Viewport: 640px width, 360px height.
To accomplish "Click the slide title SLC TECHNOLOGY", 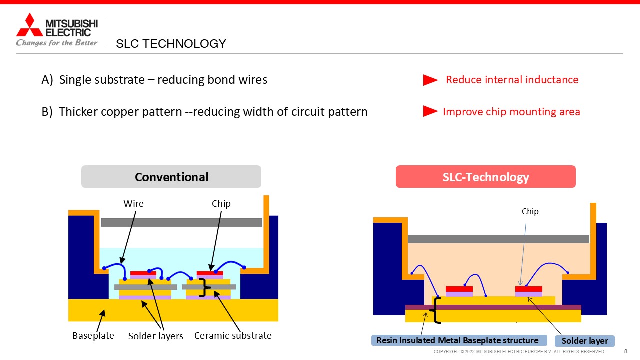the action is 171,44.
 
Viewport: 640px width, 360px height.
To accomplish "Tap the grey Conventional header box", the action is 171,177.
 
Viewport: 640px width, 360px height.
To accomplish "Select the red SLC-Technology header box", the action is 485,177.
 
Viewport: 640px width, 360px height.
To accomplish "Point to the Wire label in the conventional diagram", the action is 133,203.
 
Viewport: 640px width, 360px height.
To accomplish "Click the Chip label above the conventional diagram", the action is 221,204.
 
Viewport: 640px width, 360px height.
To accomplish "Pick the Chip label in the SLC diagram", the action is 530,211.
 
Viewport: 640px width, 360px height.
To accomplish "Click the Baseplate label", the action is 93,335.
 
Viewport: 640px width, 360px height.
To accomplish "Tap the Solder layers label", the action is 155,336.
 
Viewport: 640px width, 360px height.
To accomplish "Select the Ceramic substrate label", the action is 233,335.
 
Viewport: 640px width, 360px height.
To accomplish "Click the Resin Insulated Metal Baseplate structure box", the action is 459,340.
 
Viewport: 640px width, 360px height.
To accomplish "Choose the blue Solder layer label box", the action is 585,341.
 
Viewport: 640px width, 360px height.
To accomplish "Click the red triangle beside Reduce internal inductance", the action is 430,80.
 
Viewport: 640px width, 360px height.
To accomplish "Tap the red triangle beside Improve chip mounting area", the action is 430,111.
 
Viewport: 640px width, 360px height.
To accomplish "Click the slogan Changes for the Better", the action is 57,43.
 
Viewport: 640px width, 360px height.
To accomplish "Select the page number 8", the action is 626,351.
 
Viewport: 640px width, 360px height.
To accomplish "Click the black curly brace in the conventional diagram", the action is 205,287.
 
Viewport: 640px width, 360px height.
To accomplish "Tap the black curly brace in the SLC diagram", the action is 435,310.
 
